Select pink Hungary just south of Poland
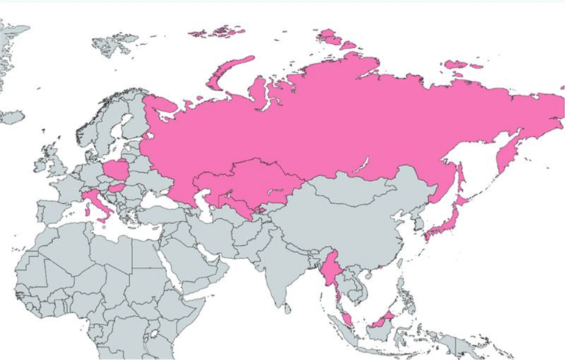116,188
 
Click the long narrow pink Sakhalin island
460,180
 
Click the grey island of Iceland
14,117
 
